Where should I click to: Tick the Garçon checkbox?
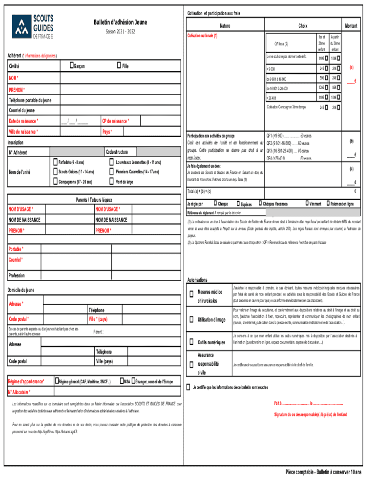click(x=72, y=65)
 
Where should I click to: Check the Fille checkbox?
click(x=119, y=65)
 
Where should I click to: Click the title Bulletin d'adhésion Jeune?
click(x=120, y=22)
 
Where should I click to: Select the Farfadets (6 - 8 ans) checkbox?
click(x=55, y=162)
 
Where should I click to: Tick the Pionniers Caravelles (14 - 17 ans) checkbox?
click(x=112, y=172)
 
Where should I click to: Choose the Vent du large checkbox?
click(x=112, y=182)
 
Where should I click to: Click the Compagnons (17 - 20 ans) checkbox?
click(x=55, y=182)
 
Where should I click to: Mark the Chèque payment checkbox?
click(x=214, y=204)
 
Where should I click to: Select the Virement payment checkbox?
click(x=307, y=204)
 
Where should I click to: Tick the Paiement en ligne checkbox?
click(x=327, y=204)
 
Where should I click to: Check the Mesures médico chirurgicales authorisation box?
click(x=191, y=294)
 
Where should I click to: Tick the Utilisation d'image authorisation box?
click(x=191, y=320)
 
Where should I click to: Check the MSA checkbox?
click(x=121, y=381)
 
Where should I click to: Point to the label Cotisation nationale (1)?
click(x=203, y=36)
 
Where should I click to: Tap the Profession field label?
click(x=17, y=275)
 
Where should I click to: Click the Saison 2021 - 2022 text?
click(x=120, y=32)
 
